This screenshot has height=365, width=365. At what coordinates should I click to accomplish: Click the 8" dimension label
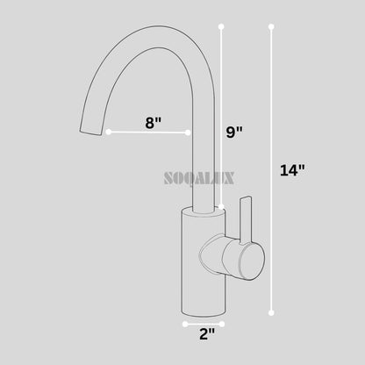[154, 123]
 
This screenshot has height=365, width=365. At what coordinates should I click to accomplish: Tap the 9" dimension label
[235, 132]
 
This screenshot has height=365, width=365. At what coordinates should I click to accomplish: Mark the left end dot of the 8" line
[109, 132]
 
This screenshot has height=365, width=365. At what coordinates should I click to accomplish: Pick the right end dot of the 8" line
[189, 132]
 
